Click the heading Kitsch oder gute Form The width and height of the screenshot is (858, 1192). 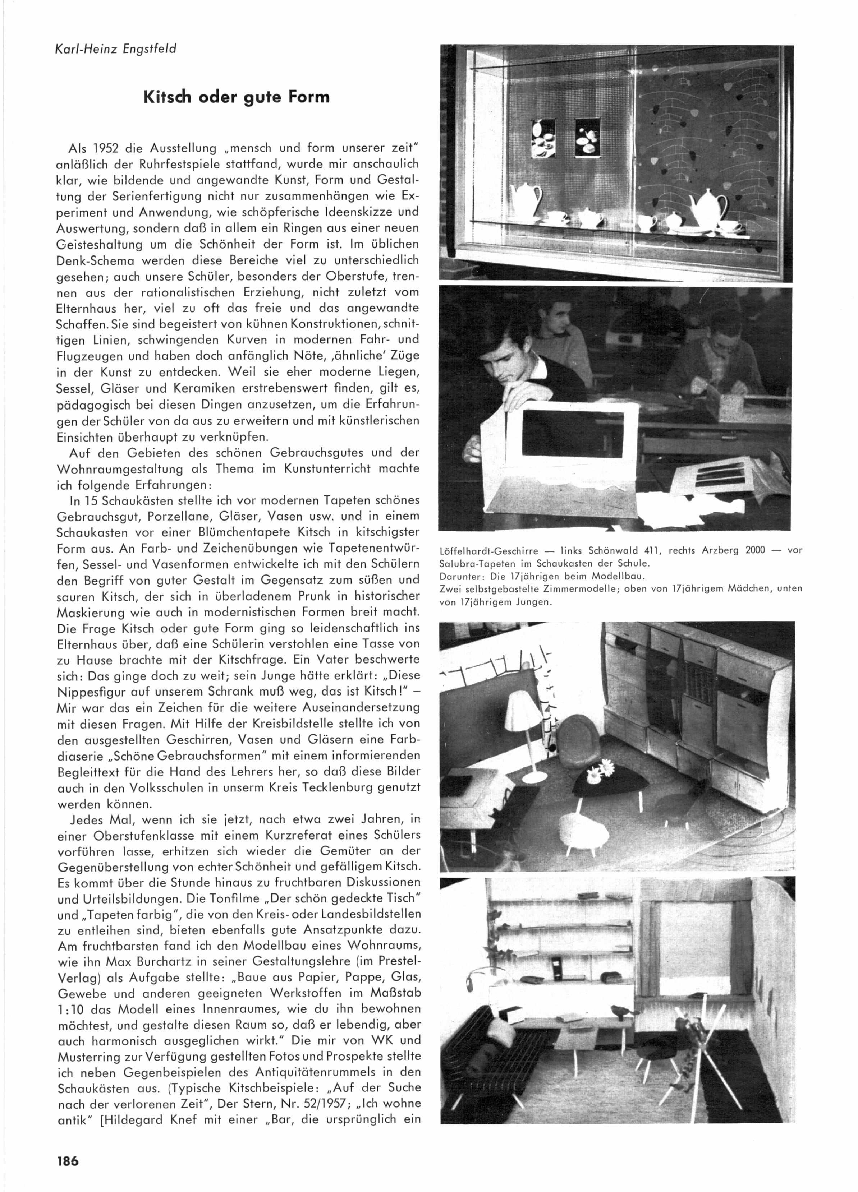237,97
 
